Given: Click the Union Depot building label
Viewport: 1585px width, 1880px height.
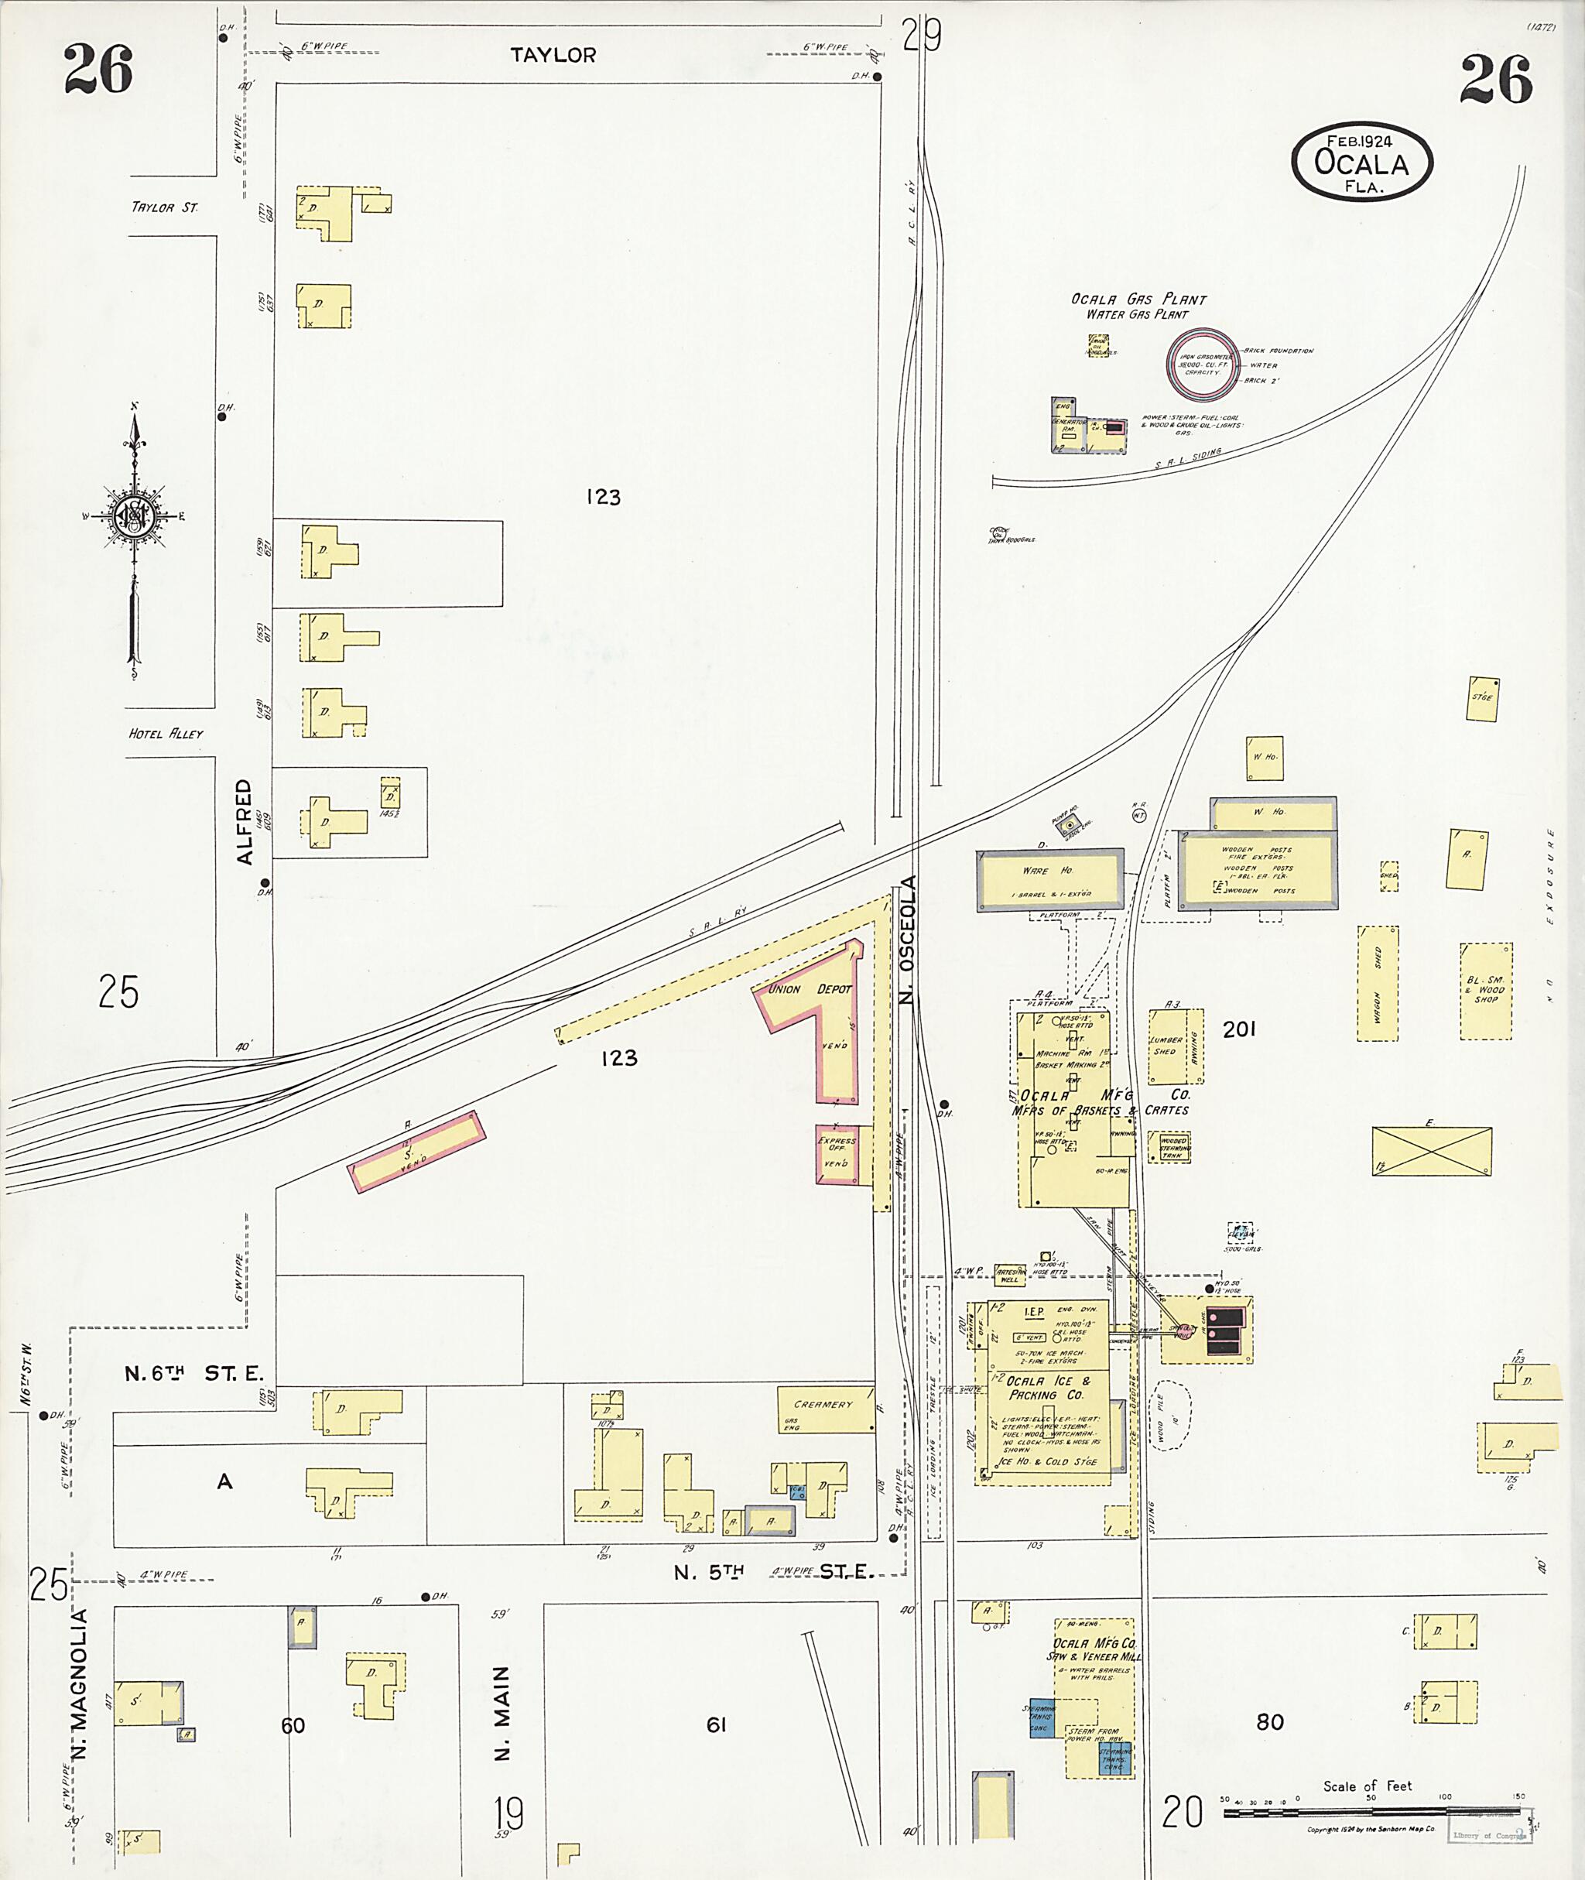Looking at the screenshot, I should click(x=809, y=988).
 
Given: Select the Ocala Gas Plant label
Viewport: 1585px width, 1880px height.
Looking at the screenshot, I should click(x=1138, y=300).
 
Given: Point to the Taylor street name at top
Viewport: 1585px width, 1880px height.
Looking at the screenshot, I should click(x=553, y=56).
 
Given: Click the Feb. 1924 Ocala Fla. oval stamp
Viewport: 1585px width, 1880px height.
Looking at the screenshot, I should click(x=1361, y=162).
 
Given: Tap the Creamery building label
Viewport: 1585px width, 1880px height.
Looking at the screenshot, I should click(x=822, y=1405).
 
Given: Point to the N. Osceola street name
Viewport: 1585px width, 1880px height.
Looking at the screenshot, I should click(x=908, y=939).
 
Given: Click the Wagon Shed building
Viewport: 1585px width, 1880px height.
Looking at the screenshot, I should click(x=1378, y=983).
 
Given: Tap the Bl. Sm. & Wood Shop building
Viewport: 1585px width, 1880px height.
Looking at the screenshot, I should click(x=1485, y=991).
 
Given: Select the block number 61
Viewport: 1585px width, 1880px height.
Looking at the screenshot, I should click(x=715, y=1724).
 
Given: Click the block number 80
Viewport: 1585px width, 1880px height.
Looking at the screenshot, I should click(x=1269, y=1722).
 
